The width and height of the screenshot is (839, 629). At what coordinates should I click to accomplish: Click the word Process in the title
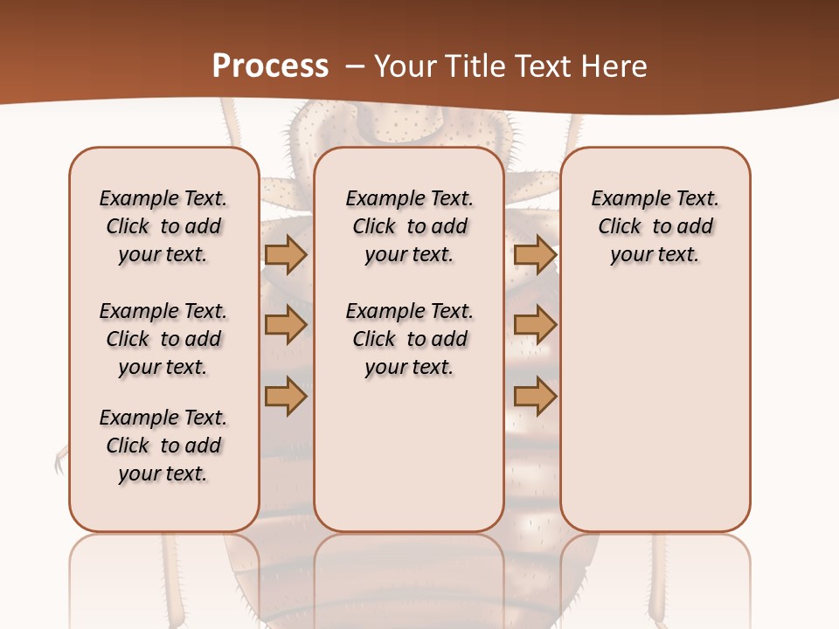270,66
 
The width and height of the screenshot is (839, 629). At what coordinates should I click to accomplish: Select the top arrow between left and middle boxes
286,254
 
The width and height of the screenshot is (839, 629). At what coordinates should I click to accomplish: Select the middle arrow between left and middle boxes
286,325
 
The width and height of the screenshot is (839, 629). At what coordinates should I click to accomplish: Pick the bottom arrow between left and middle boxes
286,396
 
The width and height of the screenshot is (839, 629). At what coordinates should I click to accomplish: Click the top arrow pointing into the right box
535,254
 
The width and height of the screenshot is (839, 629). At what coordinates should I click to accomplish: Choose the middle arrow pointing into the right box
535,325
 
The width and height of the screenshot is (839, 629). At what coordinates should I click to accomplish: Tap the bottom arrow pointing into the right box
535,396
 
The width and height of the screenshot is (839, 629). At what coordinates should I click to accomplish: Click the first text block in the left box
163,226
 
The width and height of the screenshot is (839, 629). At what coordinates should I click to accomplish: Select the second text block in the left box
163,339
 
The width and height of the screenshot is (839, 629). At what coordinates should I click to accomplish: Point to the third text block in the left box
163,446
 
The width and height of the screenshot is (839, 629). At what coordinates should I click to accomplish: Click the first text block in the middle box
409,226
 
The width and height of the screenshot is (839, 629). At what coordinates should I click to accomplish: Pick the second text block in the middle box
409,339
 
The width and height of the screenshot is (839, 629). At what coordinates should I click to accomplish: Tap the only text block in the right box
655,226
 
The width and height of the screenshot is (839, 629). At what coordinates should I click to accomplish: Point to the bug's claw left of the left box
59,460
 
